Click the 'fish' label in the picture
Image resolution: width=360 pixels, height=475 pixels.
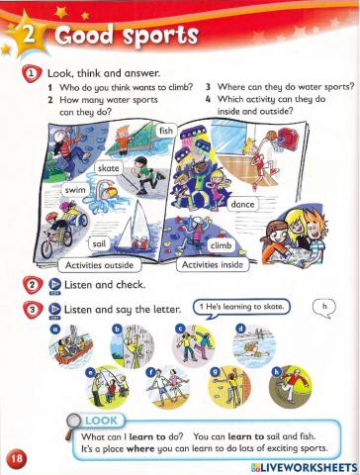coord(165,131)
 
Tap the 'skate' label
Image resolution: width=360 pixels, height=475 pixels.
coord(109,169)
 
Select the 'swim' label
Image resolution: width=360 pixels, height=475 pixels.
coord(48,188)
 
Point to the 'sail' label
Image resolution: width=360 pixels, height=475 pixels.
coord(98,241)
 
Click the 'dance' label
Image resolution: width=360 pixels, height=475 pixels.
coord(241,203)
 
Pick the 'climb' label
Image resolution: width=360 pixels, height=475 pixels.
coord(221,242)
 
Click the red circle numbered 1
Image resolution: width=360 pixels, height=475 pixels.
coord(32,72)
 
